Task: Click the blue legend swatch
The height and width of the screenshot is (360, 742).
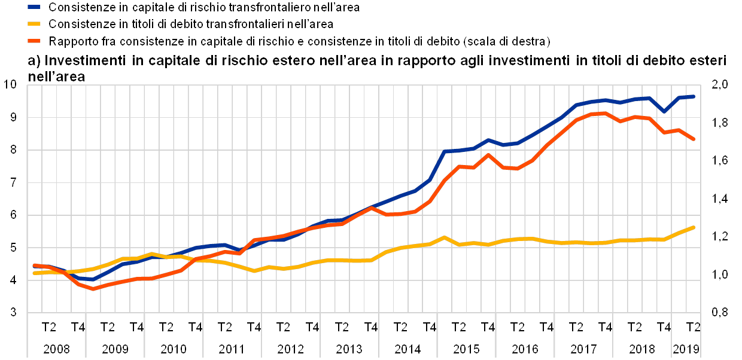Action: click(34, 8)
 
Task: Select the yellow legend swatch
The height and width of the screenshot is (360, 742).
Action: click(34, 25)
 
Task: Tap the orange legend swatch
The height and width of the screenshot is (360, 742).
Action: click(34, 41)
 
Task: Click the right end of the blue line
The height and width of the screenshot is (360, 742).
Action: click(694, 96)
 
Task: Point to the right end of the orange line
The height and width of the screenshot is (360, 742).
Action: click(694, 139)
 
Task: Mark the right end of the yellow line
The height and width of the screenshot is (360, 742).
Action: click(694, 227)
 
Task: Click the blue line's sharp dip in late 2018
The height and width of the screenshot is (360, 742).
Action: click(664, 111)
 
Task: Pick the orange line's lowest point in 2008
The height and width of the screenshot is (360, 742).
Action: click(93, 288)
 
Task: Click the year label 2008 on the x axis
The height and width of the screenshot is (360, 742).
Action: click(56, 348)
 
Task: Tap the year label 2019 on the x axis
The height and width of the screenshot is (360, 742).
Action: click(686, 348)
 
